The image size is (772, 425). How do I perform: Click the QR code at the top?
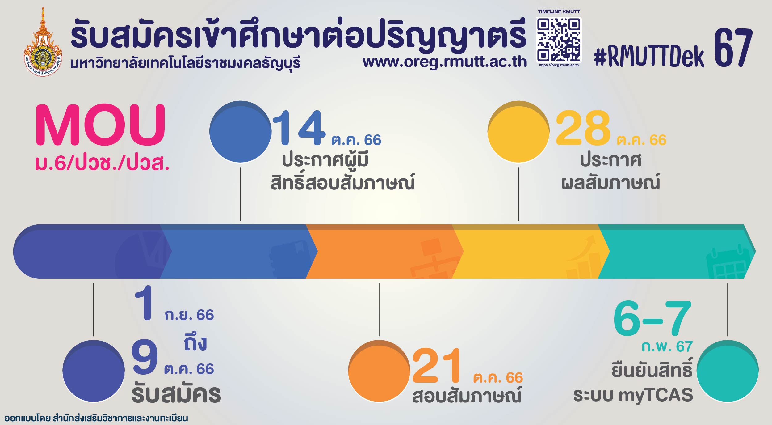pyautogui.click(x=559, y=40)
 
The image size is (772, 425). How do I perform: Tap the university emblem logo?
pyautogui.click(x=43, y=43)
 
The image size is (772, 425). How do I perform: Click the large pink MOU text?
pyautogui.click(x=100, y=125)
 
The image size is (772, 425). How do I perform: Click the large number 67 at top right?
pyautogui.click(x=733, y=48)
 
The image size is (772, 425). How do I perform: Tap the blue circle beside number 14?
pyautogui.click(x=240, y=132)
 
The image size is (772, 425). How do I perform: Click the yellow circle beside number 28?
pyautogui.click(x=518, y=132)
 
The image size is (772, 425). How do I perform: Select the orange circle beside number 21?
pyautogui.click(x=379, y=371)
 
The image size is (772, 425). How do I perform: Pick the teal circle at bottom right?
pyautogui.click(x=728, y=371)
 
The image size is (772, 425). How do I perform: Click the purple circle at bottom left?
pyautogui.click(x=94, y=371)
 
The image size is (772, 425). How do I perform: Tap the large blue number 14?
pyautogui.click(x=299, y=128)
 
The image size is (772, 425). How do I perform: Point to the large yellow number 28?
pyautogui.click(x=583, y=128)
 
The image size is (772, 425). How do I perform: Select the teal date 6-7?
pyautogui.click(x=652, y=318)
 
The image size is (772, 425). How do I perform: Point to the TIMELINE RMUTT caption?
pyautogui.click(x=559, y=11)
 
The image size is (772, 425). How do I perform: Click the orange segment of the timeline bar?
pyautogui.click(x=380, y=252)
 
